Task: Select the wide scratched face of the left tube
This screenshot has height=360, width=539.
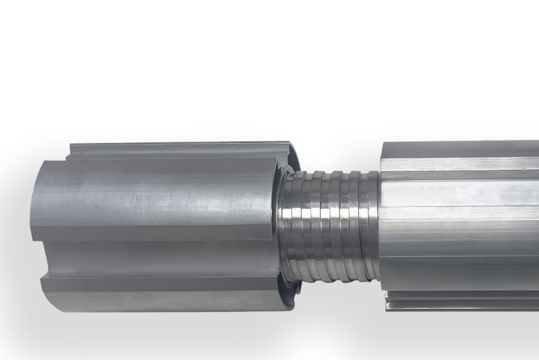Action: click(x=158, y=200)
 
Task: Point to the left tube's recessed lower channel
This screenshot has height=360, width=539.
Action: click(x=158, y=258)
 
